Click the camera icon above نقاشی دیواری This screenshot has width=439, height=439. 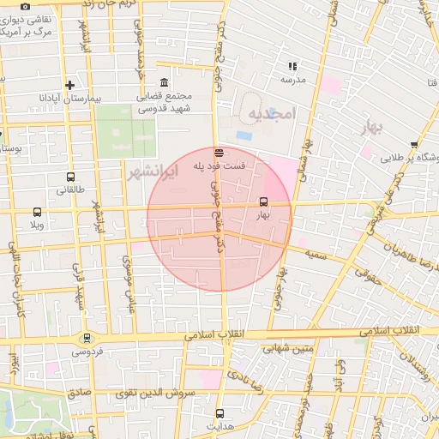coord(25,7)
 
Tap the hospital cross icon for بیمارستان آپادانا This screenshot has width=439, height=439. coord(69,85)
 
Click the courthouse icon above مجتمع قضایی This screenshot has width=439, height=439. coord(165,83)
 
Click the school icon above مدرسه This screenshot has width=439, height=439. coord(292,65)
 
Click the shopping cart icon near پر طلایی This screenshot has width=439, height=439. coord(414,145)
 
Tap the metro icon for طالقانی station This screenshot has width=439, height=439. coord(69,177)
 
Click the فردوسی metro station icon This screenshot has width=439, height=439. coord(86,339)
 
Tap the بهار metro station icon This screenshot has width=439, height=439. coord(262,203)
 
